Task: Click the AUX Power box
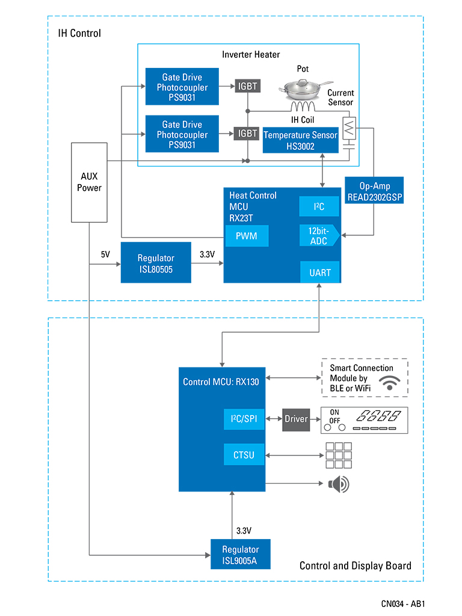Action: [89, 182]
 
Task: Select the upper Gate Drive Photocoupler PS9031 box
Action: [182, 87]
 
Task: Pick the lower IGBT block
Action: [247, 134]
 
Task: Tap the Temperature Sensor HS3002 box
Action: [300, 140]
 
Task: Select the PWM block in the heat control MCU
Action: [247, 236]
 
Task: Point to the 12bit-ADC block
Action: [319, 235]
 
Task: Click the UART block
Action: [320, 273]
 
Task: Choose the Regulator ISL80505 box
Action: [155, 263]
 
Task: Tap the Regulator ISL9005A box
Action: [240, 554]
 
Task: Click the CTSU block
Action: [244, 455]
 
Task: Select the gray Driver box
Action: [296, 419]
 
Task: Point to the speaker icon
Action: [338, 484]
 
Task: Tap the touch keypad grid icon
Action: [339, 455]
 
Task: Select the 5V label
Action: [105, 254]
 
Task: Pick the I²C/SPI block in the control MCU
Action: [244, 419]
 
